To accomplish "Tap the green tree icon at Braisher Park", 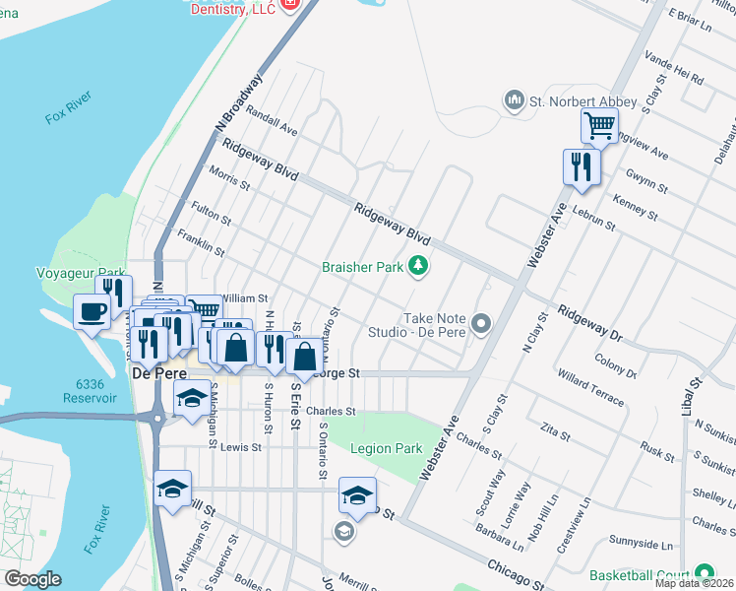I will pyautogui.click(x=419, y=266).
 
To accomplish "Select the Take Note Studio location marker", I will pyautogui.click(x=481, y=323).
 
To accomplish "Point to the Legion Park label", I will pyautogui.click(x=387, y=448).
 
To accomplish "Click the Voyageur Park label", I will pyautogui.click(x=81, y=273).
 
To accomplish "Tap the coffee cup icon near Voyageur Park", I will pyautogui.click(x=92, y=312).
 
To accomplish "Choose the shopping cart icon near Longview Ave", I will pyautogui.click(x=599, y=126).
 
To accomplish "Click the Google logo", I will pyautogui.click(x=32, y=579).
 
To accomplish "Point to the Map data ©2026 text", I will pyautogui.click(x=694, y=583).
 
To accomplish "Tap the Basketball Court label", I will pyautogui.click(x=639, y=574).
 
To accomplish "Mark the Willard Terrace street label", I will pyautogui.click(x=590, y=387).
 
